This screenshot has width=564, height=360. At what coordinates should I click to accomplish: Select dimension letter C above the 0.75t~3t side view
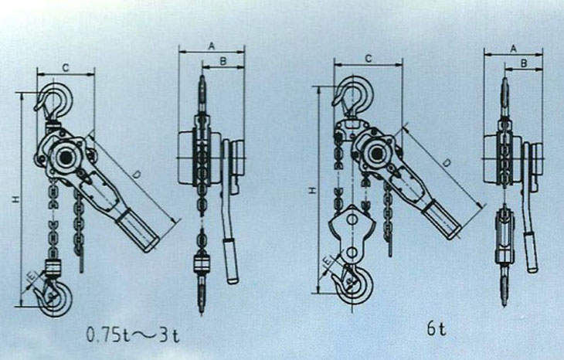[x=66, y=69]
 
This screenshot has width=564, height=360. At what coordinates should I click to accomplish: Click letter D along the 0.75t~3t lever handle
[x=136, y=176]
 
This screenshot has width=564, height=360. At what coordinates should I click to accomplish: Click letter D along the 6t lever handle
[x=448, y=163]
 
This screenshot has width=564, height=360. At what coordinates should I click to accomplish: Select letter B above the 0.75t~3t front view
[x=224, y=60]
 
